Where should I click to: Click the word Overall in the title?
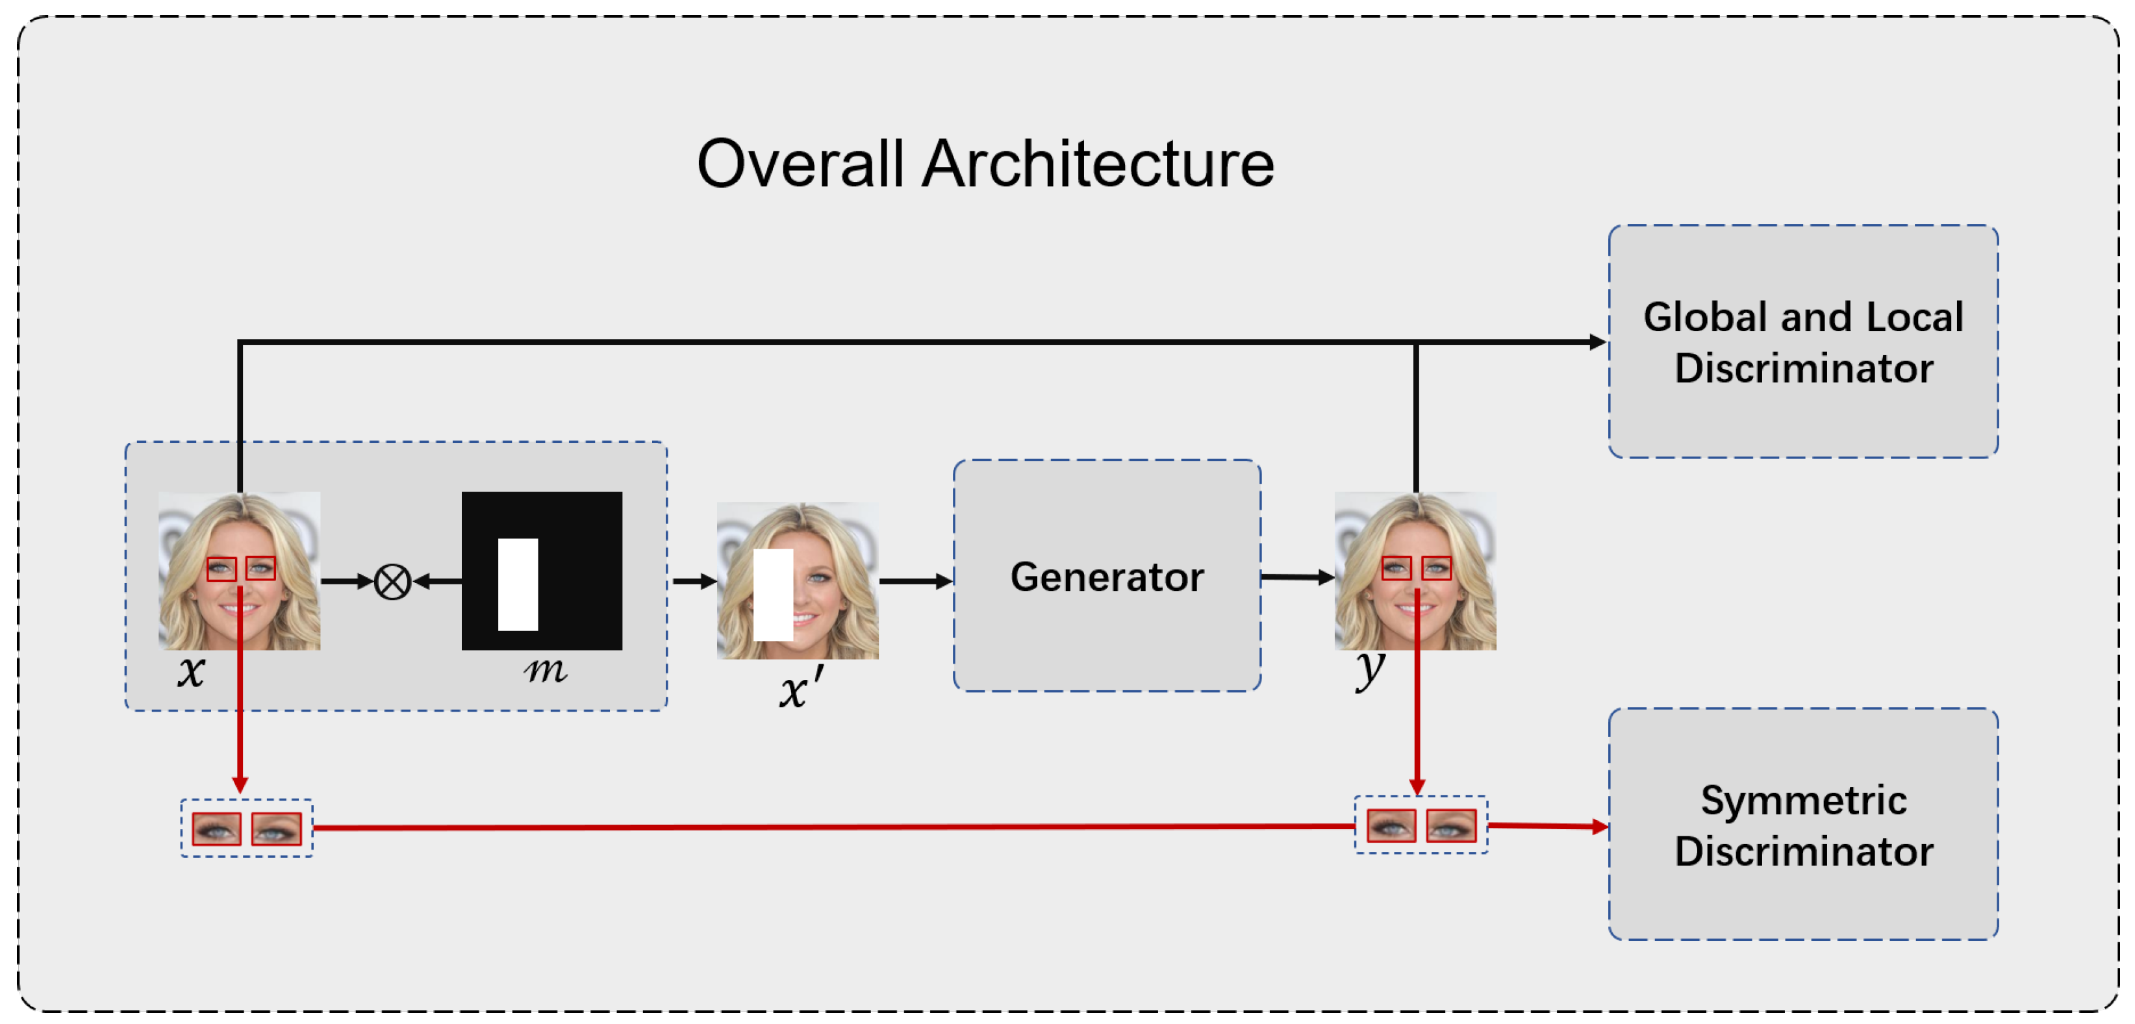(799, 164)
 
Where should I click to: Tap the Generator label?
(1106, 577)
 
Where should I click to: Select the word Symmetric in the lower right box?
(1804, 801)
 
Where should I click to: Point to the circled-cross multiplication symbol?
(392, 582)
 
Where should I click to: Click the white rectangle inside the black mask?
(518, 584)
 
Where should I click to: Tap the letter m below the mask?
(546, 669)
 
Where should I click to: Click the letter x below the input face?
(190, 671)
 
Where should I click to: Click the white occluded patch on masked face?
(774, 595)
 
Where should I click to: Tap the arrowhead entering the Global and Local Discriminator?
(1597, 342)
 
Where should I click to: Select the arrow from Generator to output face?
(1296, 577)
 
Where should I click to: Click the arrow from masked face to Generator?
(915, 582)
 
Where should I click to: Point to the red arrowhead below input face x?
(240, 784)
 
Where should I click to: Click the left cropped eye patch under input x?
(216, 829)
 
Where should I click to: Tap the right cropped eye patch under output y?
(1450, 826)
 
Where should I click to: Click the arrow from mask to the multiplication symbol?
(438, 582)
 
